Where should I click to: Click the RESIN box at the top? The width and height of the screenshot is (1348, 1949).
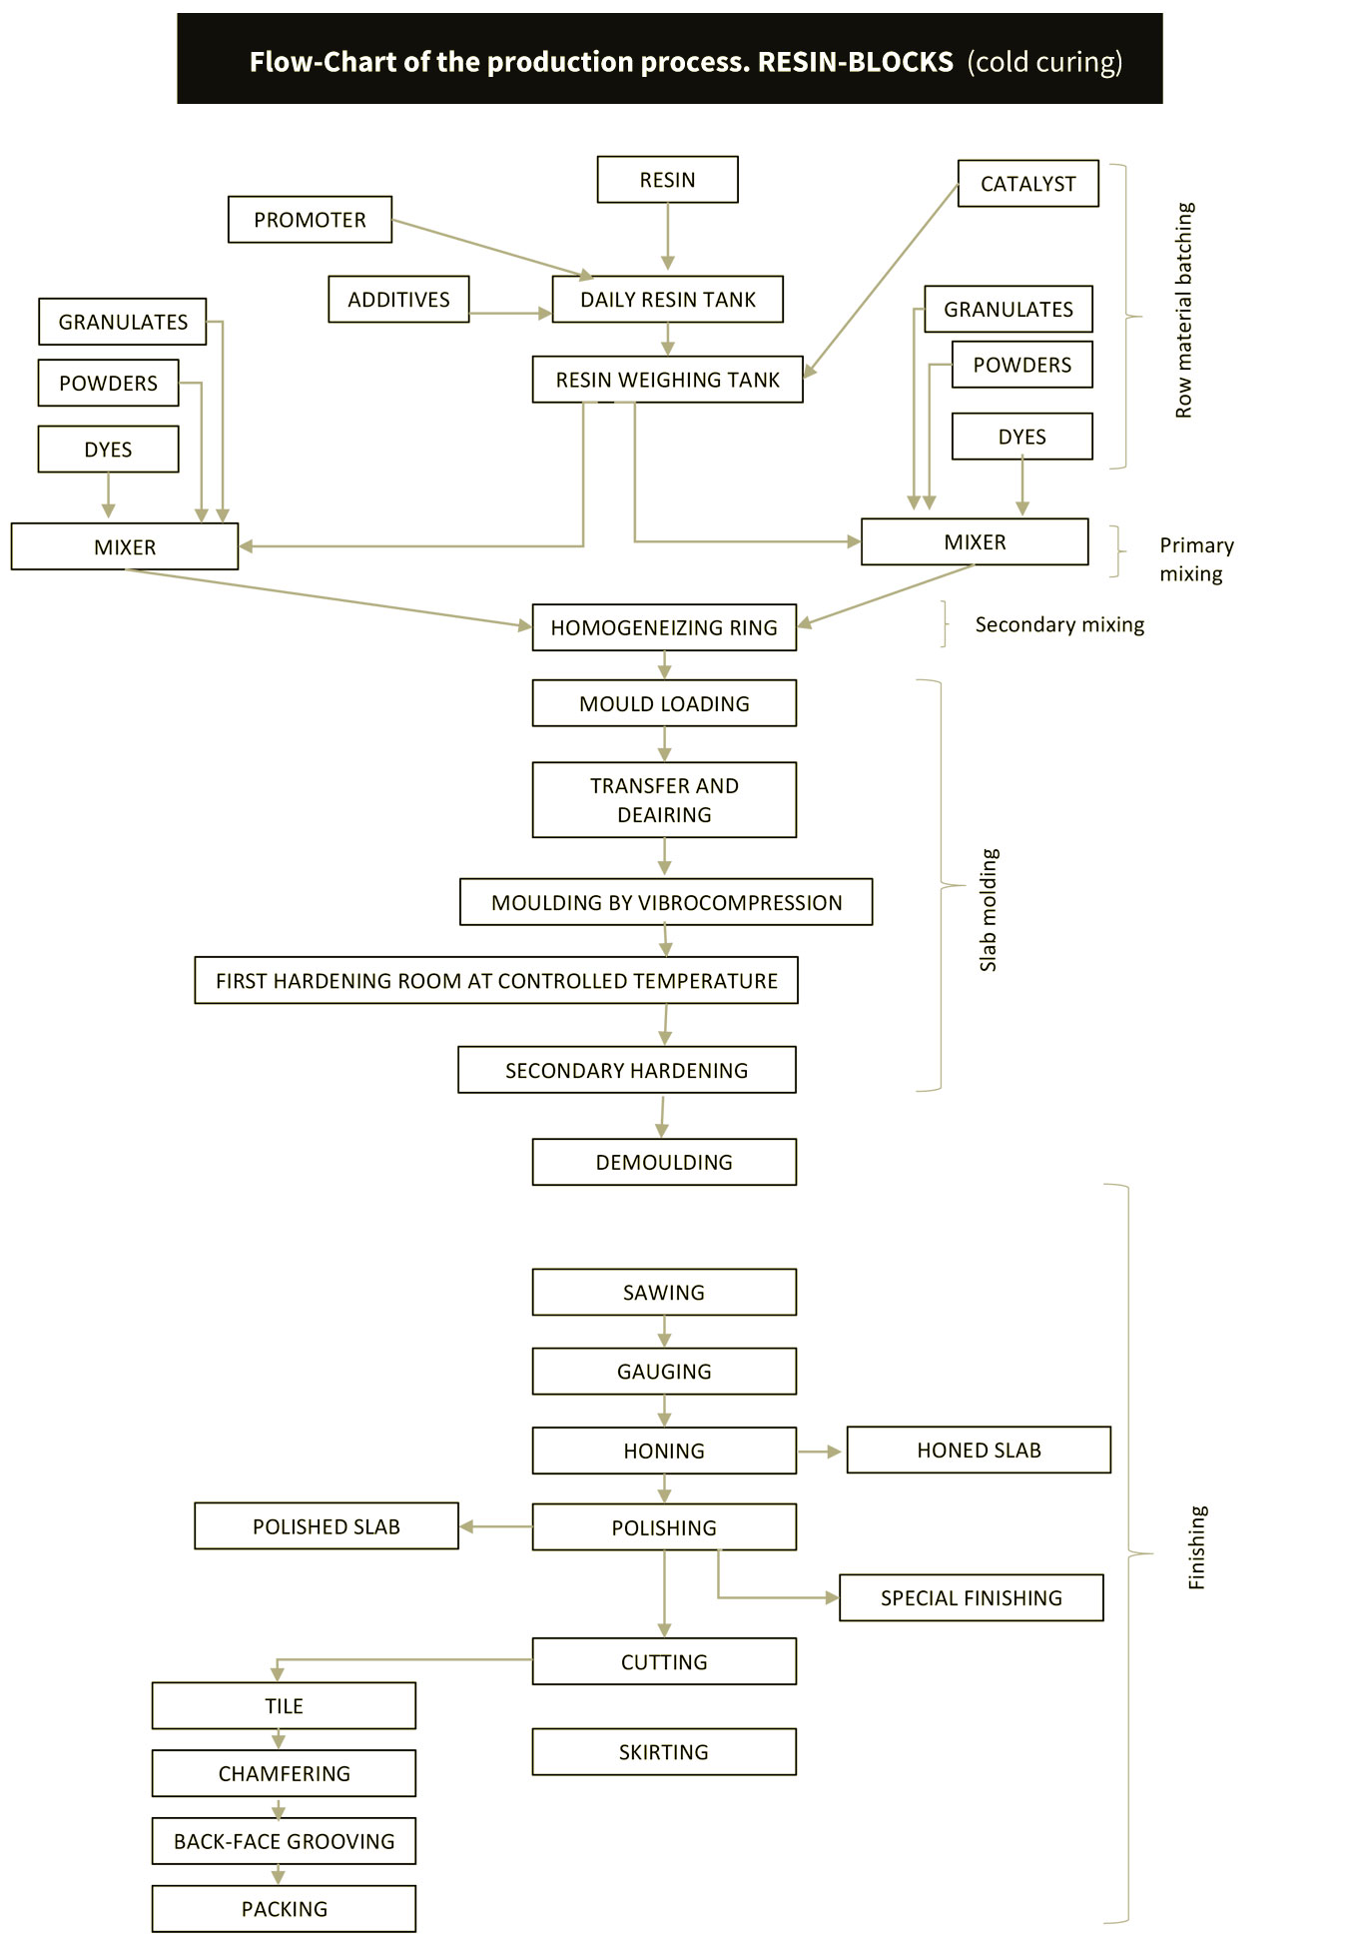(667, 180)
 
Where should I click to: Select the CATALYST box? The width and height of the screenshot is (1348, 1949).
(1027, 184)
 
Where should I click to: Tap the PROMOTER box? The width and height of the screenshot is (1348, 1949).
(310, 220)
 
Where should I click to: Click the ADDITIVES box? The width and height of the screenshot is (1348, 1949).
(398, 300)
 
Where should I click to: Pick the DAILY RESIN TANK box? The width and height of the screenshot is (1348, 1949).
(667, 300)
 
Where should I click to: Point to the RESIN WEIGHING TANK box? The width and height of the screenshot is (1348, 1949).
(667, 380)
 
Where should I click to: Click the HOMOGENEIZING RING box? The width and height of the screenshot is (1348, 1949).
(664, 627)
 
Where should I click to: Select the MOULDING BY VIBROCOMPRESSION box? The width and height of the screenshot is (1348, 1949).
(666, 902)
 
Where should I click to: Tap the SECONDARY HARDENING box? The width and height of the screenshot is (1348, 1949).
(627, 1070)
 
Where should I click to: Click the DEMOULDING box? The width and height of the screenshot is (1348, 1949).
(664, 1162)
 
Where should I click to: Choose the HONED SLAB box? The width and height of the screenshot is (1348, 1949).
(979, 1450)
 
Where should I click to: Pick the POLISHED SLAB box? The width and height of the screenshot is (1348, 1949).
(327, 1526)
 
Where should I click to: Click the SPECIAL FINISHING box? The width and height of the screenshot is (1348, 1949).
(972, 1597)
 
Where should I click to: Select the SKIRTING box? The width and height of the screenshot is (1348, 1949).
(664, 1751)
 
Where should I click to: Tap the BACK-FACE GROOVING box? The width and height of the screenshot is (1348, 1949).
(284, 1841)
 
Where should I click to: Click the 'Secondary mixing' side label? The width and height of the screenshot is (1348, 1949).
(1059, 624)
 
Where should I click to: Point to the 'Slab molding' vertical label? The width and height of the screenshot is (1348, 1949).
(988, 910)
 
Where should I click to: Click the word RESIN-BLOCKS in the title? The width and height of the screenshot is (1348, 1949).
(856, 62)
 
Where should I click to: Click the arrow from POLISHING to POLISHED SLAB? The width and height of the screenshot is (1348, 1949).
(496, 1526)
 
